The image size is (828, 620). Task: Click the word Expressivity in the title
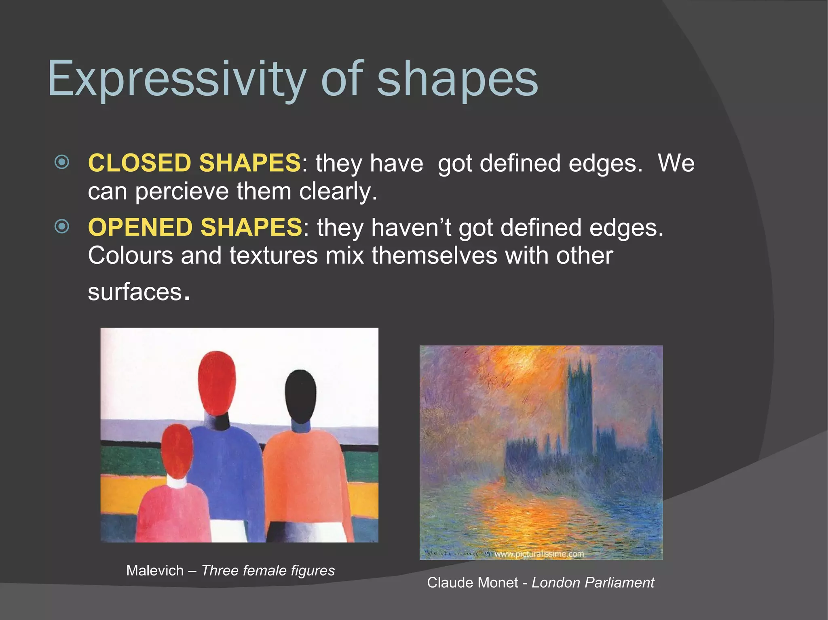(x=176, y=79)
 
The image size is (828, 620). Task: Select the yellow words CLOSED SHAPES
(x=194, y=163)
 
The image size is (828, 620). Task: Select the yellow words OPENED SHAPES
(x=195, y=227)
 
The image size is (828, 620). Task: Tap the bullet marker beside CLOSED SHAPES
(x=62, y=162)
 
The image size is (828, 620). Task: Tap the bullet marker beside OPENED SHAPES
(x=62, y=226)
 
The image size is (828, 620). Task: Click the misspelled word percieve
(x=182, y=191)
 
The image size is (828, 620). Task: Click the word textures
(x=274, y=256)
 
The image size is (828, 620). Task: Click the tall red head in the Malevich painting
(x=217, y=382)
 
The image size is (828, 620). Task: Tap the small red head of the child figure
(x=177, y=450)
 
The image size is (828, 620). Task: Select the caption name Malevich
(x=155, y=570)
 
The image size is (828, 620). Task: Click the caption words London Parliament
(x=593, y=582)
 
